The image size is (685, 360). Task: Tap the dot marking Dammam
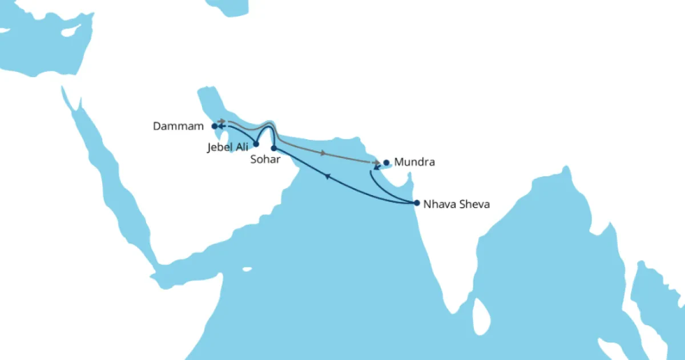click(x=214, y=126)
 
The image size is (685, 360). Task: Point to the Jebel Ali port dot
click(x=256, y=144)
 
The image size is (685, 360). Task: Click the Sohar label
click(x=265, y=160)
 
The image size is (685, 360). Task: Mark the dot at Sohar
click(x=273, y=148)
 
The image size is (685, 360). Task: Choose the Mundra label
click(x=416, y=163)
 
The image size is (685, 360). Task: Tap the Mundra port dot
click(x=386, y=163)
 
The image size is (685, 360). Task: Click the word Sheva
click(x=471, y=203)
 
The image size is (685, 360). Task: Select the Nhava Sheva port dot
click(x=417, y=203)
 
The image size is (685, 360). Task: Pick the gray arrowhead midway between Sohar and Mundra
click(x=324, y=153)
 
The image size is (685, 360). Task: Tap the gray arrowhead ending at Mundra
click(x=377, y=163)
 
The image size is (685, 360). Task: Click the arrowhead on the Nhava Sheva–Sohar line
click(x=328, y=177)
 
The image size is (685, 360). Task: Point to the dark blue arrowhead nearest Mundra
click(x=377, y=168)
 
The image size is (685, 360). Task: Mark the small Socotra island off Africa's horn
click(x=247, y=269)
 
